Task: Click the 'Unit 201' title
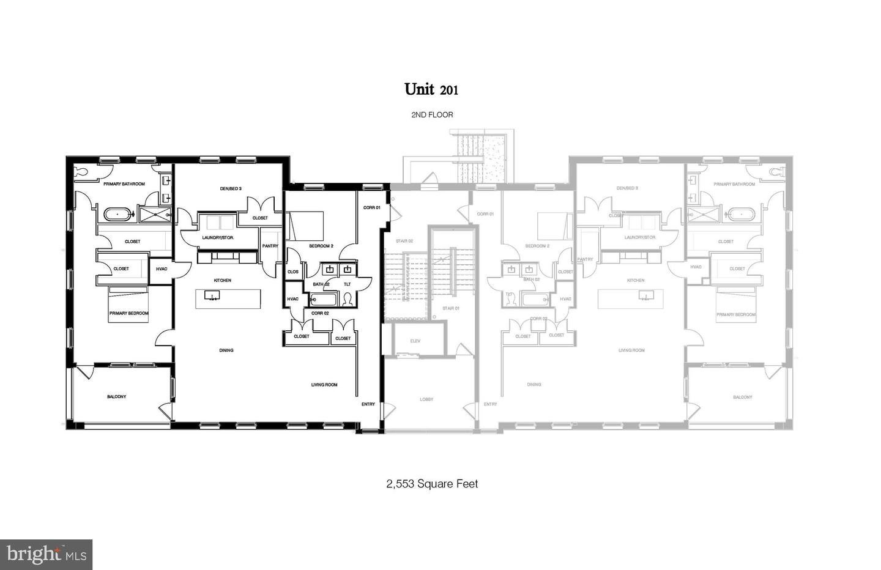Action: (431, 89)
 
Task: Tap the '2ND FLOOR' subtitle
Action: (432, 115)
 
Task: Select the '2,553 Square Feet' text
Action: (432, 484)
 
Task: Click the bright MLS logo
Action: (46, 554)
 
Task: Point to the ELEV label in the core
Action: (415, 341)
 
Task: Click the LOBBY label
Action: (426, 399)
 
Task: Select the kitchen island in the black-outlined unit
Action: (228, 299)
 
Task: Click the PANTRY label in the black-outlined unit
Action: (270, 246)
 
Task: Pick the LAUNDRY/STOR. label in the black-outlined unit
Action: (218, 237)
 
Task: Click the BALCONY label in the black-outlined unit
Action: (116, 397)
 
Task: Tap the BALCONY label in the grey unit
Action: (743, 397)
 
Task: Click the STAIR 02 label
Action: (404, 241)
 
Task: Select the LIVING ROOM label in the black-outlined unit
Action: (324, 385)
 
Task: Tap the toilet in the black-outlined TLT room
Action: (348, 299)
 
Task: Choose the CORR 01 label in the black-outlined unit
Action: (371, 207)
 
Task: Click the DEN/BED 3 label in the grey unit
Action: (627, 188)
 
